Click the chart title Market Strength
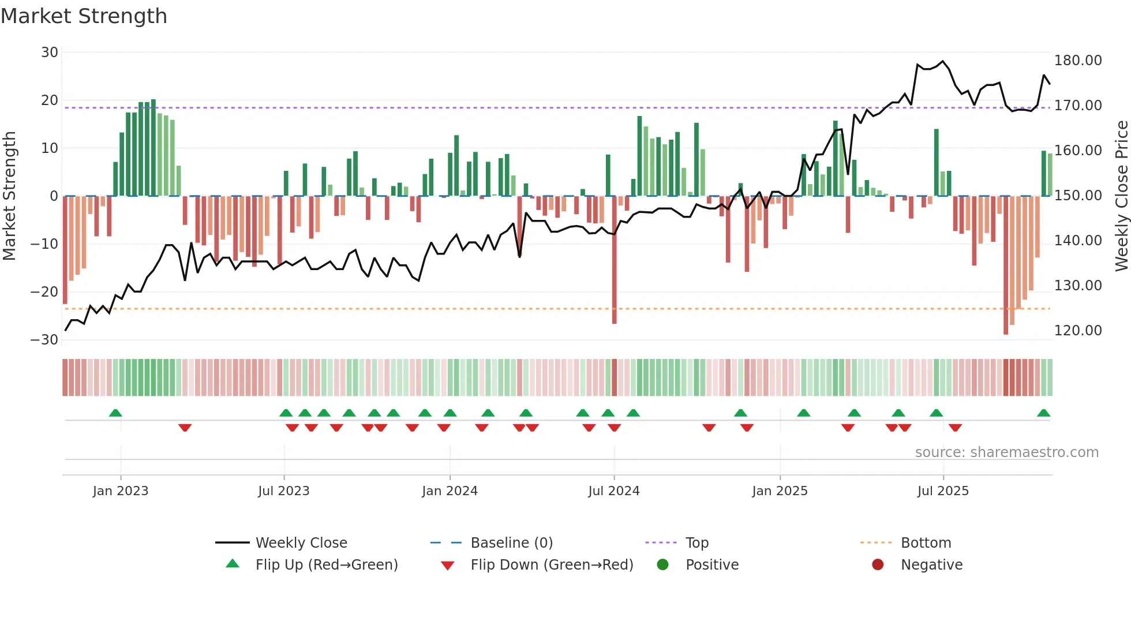point(84,16)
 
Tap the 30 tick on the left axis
point(50,53)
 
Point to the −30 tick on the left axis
point(44,340)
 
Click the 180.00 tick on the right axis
point(1077,61)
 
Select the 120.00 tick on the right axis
point(1077,331)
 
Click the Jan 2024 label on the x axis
point(450,491)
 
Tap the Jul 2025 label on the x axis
point(943,491)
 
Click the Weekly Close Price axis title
point(1121,196)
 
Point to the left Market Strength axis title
point(10,196)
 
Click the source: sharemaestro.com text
point(1006,452)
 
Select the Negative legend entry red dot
point(878,565)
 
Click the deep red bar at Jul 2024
point(614,260)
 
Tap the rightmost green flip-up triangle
point(1043,413)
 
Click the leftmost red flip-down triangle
point(185,428)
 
